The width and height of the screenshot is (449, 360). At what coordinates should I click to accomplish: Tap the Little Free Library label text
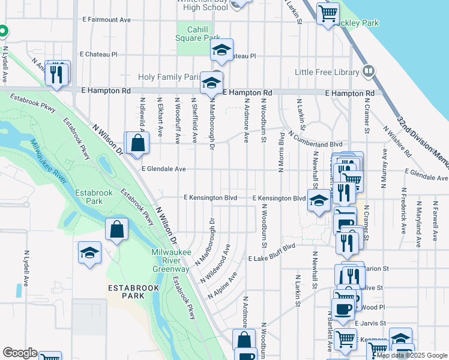[327, 73]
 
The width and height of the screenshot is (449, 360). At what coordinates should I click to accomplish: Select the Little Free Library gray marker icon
[369, 71]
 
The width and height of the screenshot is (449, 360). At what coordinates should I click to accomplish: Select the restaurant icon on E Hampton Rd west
[57, 73]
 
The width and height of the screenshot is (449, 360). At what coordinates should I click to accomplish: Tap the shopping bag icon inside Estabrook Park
[116, 230]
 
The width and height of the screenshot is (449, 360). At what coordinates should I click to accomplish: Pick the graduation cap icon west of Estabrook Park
[89, 253]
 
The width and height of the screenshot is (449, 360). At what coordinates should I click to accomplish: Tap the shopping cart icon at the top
[328, 13]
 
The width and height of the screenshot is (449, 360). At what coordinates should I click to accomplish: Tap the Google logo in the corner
[20, 353]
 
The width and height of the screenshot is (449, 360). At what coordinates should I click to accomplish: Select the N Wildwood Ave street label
[220, 256]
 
